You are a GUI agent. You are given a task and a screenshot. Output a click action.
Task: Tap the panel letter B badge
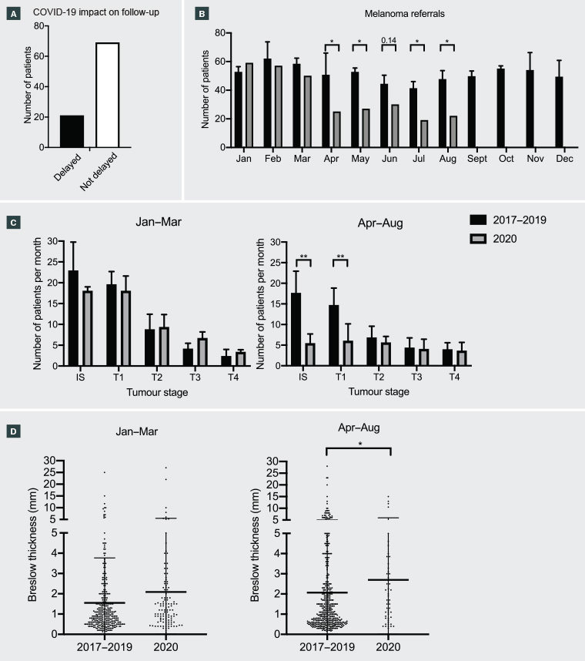click(201, 15)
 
